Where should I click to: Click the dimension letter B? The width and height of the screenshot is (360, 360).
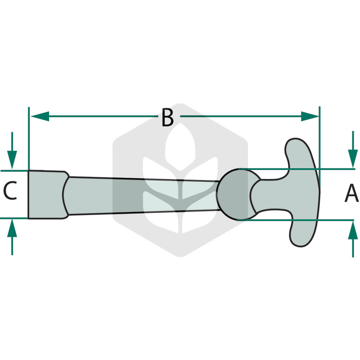tap(167, 117)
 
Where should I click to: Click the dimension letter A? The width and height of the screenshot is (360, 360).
tap(351, 194)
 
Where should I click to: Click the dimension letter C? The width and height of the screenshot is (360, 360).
tap(10, 190)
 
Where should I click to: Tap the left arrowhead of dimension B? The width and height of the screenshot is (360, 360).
tap(40, 116)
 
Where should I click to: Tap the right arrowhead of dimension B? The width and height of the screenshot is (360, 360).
tap(310, 117)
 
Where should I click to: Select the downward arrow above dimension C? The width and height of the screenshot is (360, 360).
tap(12, 151)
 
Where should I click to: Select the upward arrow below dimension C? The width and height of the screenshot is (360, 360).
tap(12, 237)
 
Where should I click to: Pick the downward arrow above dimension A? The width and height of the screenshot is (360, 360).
tap(353, 149)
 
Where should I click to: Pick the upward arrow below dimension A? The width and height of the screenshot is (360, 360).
tap(353, 239)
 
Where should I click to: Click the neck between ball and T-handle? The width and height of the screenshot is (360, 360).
tap(269, 195)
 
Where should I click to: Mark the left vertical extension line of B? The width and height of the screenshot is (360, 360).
tap(29, 139)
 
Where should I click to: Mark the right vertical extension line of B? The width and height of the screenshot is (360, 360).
tap(319, 149)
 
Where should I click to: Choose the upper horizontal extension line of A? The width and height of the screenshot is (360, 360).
tap(296, 169)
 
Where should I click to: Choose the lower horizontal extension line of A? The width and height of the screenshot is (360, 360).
tap(296, 220)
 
